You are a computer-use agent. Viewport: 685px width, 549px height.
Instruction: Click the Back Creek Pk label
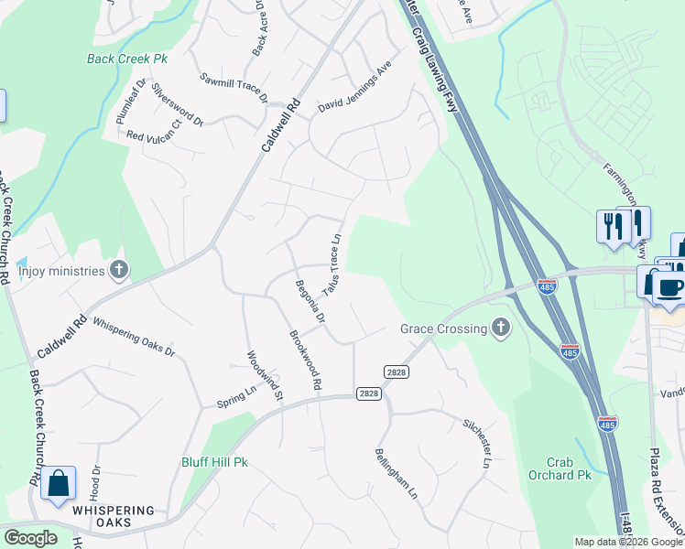click(127, 59)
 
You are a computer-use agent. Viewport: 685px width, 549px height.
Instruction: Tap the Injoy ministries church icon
click(118, 269)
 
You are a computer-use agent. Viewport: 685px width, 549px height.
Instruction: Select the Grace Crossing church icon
click(500, 327)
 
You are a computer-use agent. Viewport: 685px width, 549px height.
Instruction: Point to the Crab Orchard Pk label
click(560, 468)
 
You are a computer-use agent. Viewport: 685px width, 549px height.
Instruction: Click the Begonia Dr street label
click(310, 303)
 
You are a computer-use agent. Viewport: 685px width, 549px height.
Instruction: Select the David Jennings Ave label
click(354, 93)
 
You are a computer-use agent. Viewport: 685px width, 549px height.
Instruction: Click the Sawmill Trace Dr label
click(234, 87)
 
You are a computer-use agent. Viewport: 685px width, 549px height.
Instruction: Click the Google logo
click(30, 538)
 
